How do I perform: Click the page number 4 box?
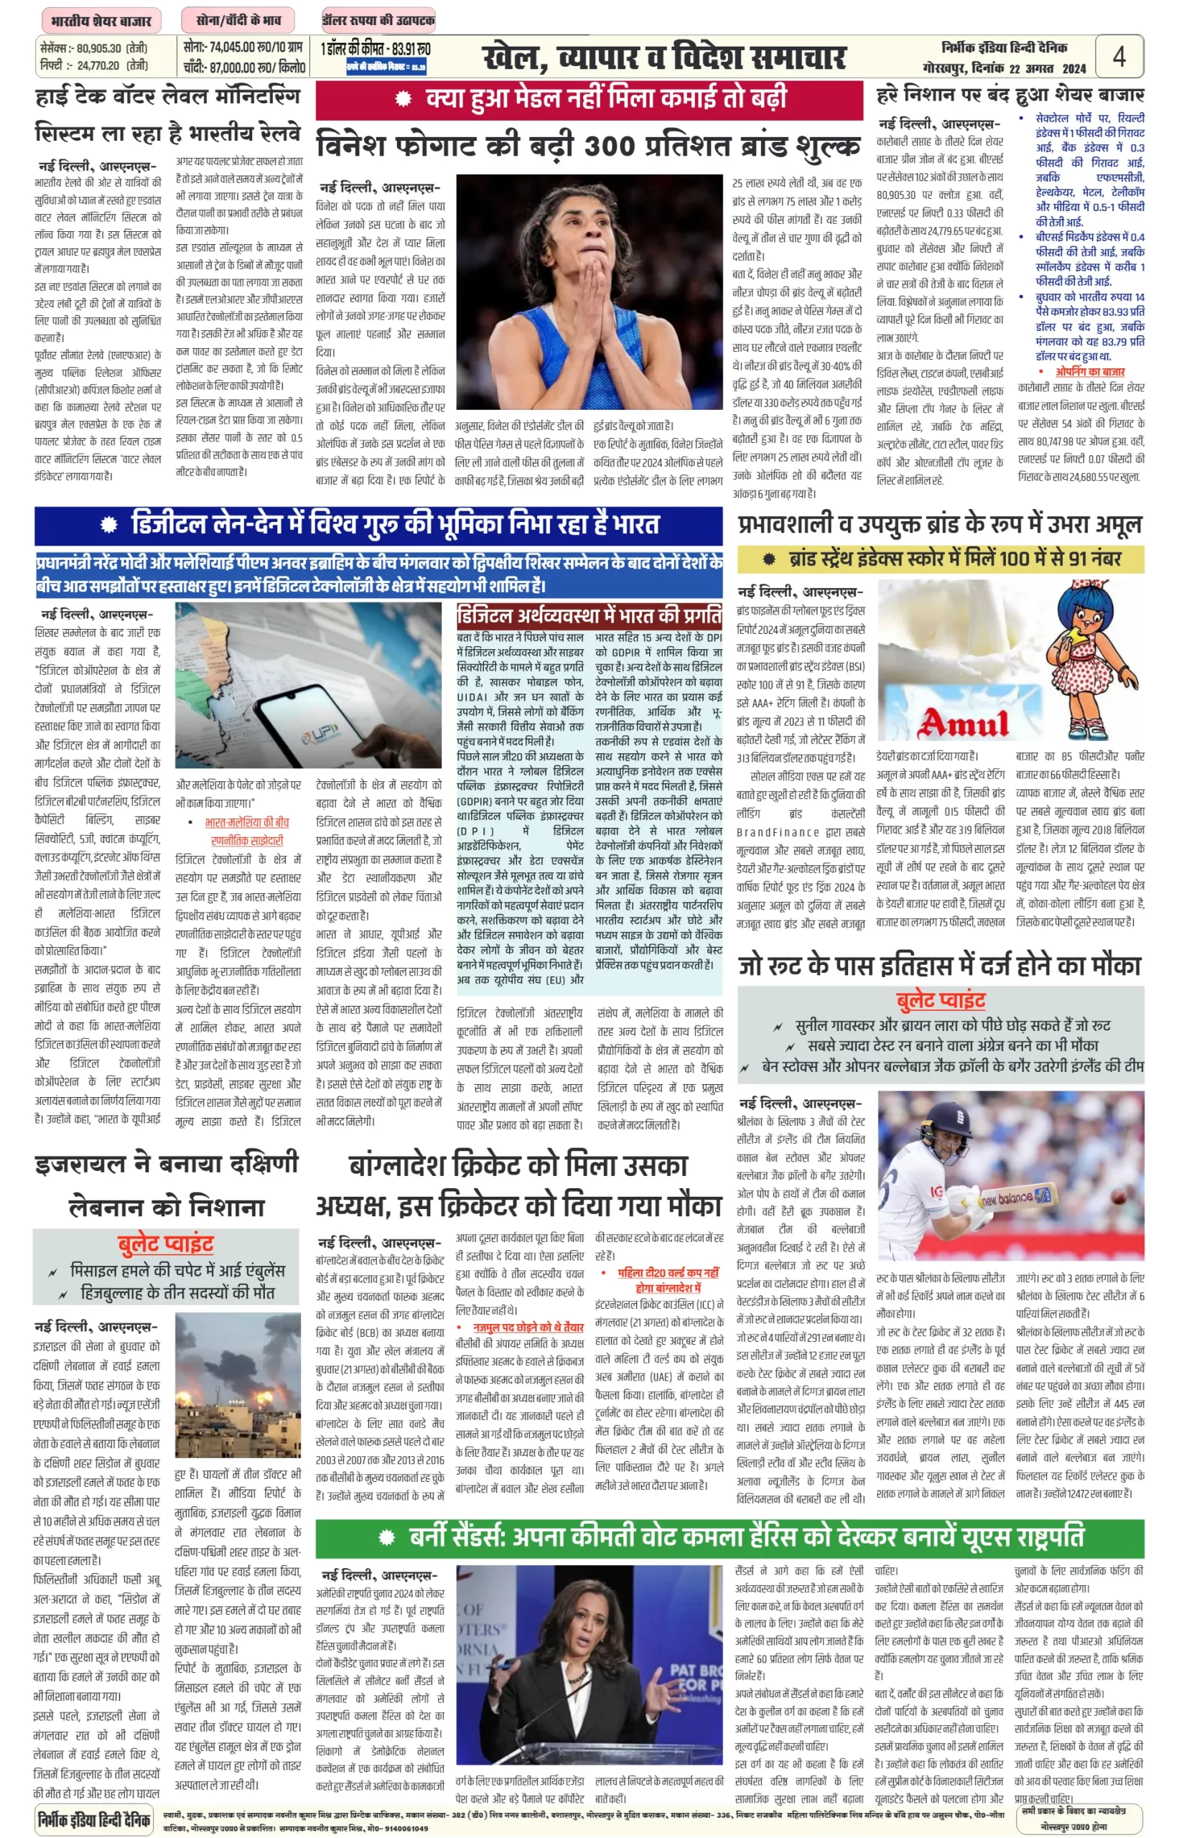tap(1119, 57)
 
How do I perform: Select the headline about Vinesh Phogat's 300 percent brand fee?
tap(588, 145)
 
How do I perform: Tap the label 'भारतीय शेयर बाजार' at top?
tap(101, 21)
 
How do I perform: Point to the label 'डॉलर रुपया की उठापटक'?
tap(378, 21)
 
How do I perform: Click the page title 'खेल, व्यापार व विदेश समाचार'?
tap(663, 57)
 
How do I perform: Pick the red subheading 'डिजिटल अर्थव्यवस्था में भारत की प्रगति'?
tap(589, 615)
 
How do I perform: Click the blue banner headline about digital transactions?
tap(378, 524)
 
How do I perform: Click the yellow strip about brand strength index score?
tap(940, 559)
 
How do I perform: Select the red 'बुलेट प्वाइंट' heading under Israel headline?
tap(165, 1244)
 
